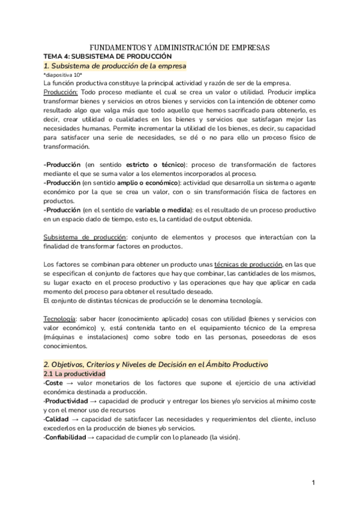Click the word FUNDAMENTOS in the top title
click(118, 47)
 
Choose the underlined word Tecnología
click(59, 318)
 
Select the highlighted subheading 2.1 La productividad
click(75, 374)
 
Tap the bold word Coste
click(54, 383)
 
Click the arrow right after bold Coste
click(69, 383)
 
